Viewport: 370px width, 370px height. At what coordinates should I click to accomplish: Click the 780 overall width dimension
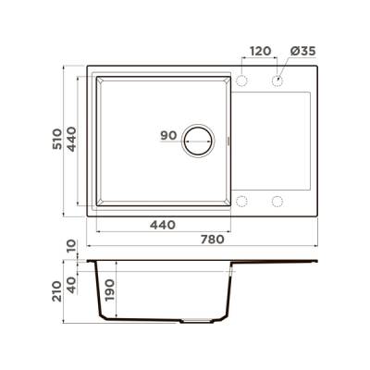click(213, 240)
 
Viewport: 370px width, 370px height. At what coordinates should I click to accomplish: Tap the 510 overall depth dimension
click(57, 139)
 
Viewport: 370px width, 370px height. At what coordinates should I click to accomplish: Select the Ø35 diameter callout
click(303, 51)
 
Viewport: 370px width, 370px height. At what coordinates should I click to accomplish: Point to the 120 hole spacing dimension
click(260, 51)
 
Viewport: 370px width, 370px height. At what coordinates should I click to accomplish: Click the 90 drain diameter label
click(168, 135)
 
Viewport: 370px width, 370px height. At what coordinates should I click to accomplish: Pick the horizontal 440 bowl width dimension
click(163, 225)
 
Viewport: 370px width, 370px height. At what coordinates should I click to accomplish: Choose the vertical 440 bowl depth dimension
click(71, 139)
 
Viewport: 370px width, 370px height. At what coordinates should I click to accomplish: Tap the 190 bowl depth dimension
click(110, 290)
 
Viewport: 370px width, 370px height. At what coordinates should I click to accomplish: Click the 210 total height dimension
click(57, 291)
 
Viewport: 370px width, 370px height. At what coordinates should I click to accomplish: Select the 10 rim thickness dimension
click(71, 246)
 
